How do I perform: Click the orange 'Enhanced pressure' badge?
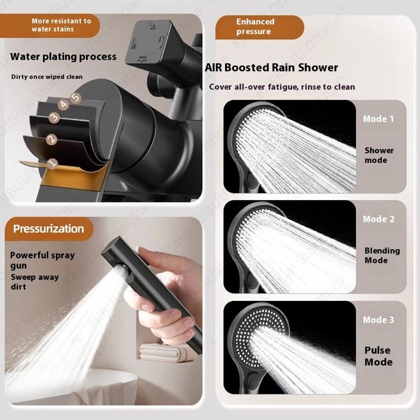point(256,27)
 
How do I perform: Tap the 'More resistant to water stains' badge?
point(61,25)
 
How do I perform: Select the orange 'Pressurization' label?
point(49,229)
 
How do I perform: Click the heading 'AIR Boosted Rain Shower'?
point(271,68)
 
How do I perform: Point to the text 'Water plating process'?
point(64,57)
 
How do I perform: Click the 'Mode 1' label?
point(378,119)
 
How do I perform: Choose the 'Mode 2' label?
point(379,219)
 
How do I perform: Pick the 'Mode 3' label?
point(379,320)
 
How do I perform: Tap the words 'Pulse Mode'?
point(379,356)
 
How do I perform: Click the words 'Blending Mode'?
point(382,256)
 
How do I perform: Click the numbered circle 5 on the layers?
point(76,97)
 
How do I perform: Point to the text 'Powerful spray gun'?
point(43,260)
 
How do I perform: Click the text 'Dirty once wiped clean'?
point(47,77)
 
